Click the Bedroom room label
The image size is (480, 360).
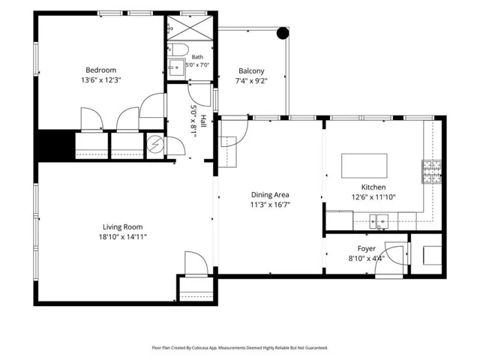point(100,70)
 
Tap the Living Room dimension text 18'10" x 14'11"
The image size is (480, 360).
point(122,237)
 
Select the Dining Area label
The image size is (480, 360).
point(270,195)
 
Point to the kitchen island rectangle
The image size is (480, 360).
point(364,166)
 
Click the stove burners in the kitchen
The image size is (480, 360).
point(432,172)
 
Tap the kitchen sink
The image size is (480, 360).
point(379,221)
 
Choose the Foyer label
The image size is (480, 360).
point(367,248)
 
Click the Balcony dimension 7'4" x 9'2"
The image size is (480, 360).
point(251,81)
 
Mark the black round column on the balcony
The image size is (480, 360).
point(283,33)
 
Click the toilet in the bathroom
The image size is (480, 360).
point(178,49)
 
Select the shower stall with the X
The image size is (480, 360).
point(190,28)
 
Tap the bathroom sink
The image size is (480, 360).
point(176,67)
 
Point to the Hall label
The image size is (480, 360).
point(203,121)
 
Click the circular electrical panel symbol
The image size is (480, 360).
point(155,144)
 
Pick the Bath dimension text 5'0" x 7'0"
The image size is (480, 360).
point(197,65)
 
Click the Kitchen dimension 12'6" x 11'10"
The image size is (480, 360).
point(373,197)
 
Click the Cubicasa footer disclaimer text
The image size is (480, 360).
point(240,348)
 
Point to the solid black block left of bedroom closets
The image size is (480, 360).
point(56,145)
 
